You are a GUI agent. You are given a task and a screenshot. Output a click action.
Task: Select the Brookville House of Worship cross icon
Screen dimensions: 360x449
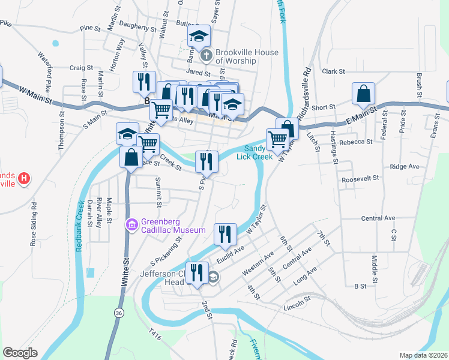click(x=206, y=56)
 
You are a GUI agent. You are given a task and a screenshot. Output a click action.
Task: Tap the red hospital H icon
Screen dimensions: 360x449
click(x=23, y=178)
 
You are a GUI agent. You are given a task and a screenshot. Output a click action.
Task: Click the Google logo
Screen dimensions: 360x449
click(x=20, y=353)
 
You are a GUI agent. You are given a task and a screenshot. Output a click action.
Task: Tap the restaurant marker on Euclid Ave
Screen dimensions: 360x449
click(x=224, y=234)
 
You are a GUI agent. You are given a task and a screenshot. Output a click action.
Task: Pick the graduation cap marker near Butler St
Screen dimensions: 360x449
click(x=199, y=37)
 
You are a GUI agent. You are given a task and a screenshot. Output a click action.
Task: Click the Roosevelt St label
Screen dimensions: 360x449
click(x=361, y=178)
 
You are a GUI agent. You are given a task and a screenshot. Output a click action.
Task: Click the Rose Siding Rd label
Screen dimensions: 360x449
click(x=34, y=224)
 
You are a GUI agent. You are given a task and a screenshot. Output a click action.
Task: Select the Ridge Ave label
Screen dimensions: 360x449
click(x=404, y=167)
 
